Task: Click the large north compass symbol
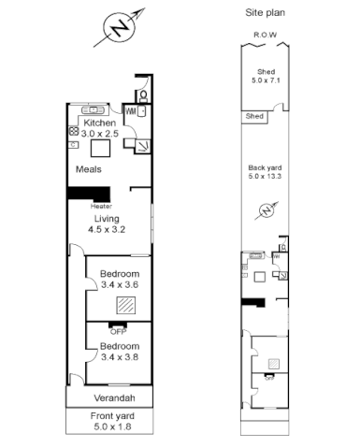point(119,30)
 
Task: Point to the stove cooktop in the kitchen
point(73,132)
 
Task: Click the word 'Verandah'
point(110,397)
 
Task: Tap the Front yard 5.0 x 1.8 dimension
point(111,426)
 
